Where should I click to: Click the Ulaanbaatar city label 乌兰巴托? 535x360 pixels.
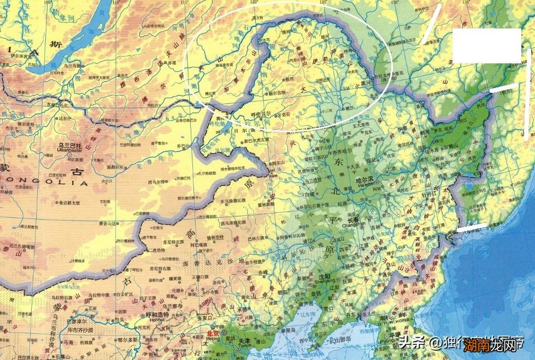coord(69,146)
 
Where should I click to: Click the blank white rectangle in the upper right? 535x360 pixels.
coord(486,45)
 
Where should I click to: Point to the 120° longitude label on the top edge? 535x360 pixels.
coord(255,3)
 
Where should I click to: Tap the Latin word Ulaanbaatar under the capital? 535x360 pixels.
coord(69,152)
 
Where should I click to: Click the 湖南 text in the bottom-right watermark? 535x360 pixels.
coord(479,345)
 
